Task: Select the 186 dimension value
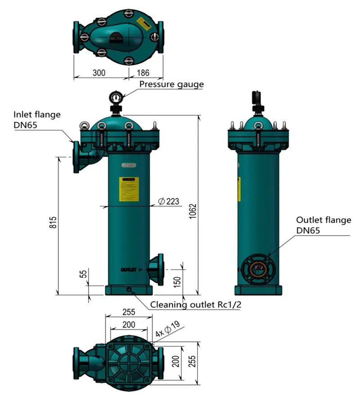(143, 72)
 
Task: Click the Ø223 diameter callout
(169, 202)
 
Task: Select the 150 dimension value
(177, 282)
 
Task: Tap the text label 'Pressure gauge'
(171, 84)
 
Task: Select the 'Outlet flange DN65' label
(323, 225)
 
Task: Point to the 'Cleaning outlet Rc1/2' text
(196, 305)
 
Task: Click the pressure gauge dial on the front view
(116, 97)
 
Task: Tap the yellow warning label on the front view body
(129, 189)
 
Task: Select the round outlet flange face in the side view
(255, 269)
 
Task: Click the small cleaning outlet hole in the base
(129, 290)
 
